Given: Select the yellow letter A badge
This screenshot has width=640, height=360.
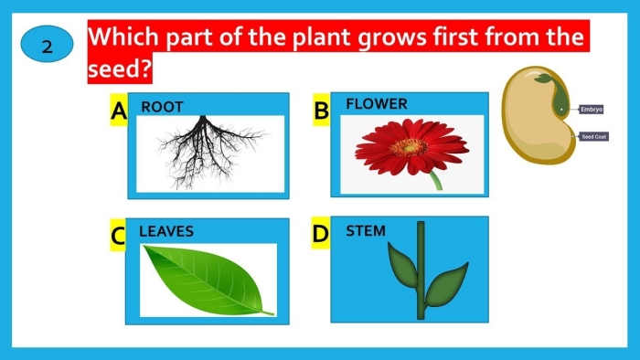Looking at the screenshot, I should click(x=118, y=111).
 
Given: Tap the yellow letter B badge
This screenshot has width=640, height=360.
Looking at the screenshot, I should click(x=321, y=111).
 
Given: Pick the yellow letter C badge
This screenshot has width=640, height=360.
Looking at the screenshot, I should click(x=118, y=237).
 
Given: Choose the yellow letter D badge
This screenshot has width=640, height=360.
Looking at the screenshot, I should click(x=320, y=235).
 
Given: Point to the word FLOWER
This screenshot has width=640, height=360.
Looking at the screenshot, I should click(x=376, y=104).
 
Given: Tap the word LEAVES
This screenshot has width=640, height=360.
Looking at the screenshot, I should click(x=165, y=231).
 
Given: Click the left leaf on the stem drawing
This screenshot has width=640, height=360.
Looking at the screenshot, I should click(x=399, y=266).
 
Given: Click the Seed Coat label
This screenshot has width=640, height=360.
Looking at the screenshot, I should click(x=593, y=137).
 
